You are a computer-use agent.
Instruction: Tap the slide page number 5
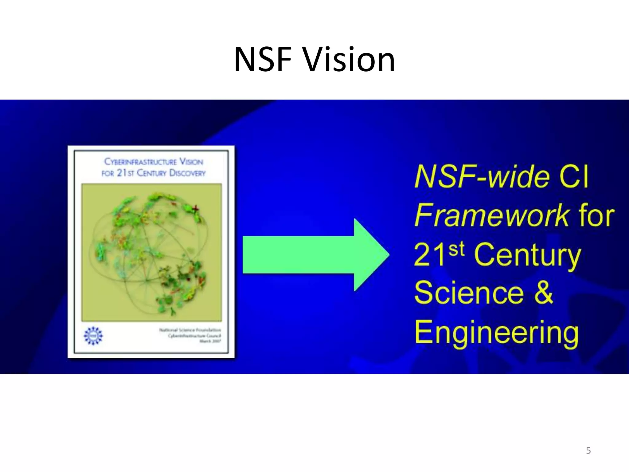(588, 450)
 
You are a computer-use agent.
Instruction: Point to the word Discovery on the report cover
(187, 173)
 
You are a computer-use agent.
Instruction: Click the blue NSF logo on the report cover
(93, 336)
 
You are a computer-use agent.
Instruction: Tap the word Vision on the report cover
(191, 162)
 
